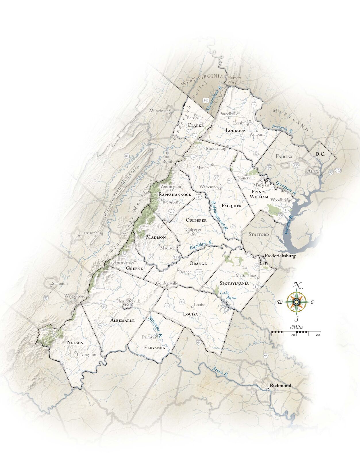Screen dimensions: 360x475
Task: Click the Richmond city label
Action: [x=280, y=386]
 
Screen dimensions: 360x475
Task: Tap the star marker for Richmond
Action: [x=268, y=389]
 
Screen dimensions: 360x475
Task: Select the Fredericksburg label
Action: [x=280, y=256]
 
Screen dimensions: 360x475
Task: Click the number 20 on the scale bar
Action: [x=318, y=335]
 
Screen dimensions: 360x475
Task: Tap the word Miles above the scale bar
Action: [x=297, y=327]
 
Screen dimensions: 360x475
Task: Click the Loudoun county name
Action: [x=236, y=130]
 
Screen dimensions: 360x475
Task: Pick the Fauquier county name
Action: [x=231, y=206]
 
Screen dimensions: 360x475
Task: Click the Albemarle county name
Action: [x=122, y=320]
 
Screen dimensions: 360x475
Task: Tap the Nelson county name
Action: [x=75, y=342]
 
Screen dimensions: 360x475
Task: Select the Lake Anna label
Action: [x=228, y=295]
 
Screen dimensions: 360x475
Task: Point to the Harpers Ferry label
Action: [x=234, y=80]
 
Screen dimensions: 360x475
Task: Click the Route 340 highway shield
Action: [x=205, y=100]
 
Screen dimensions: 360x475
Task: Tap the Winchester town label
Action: [x=160, y=111]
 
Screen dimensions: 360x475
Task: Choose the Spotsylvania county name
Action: [x=234, y=283]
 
